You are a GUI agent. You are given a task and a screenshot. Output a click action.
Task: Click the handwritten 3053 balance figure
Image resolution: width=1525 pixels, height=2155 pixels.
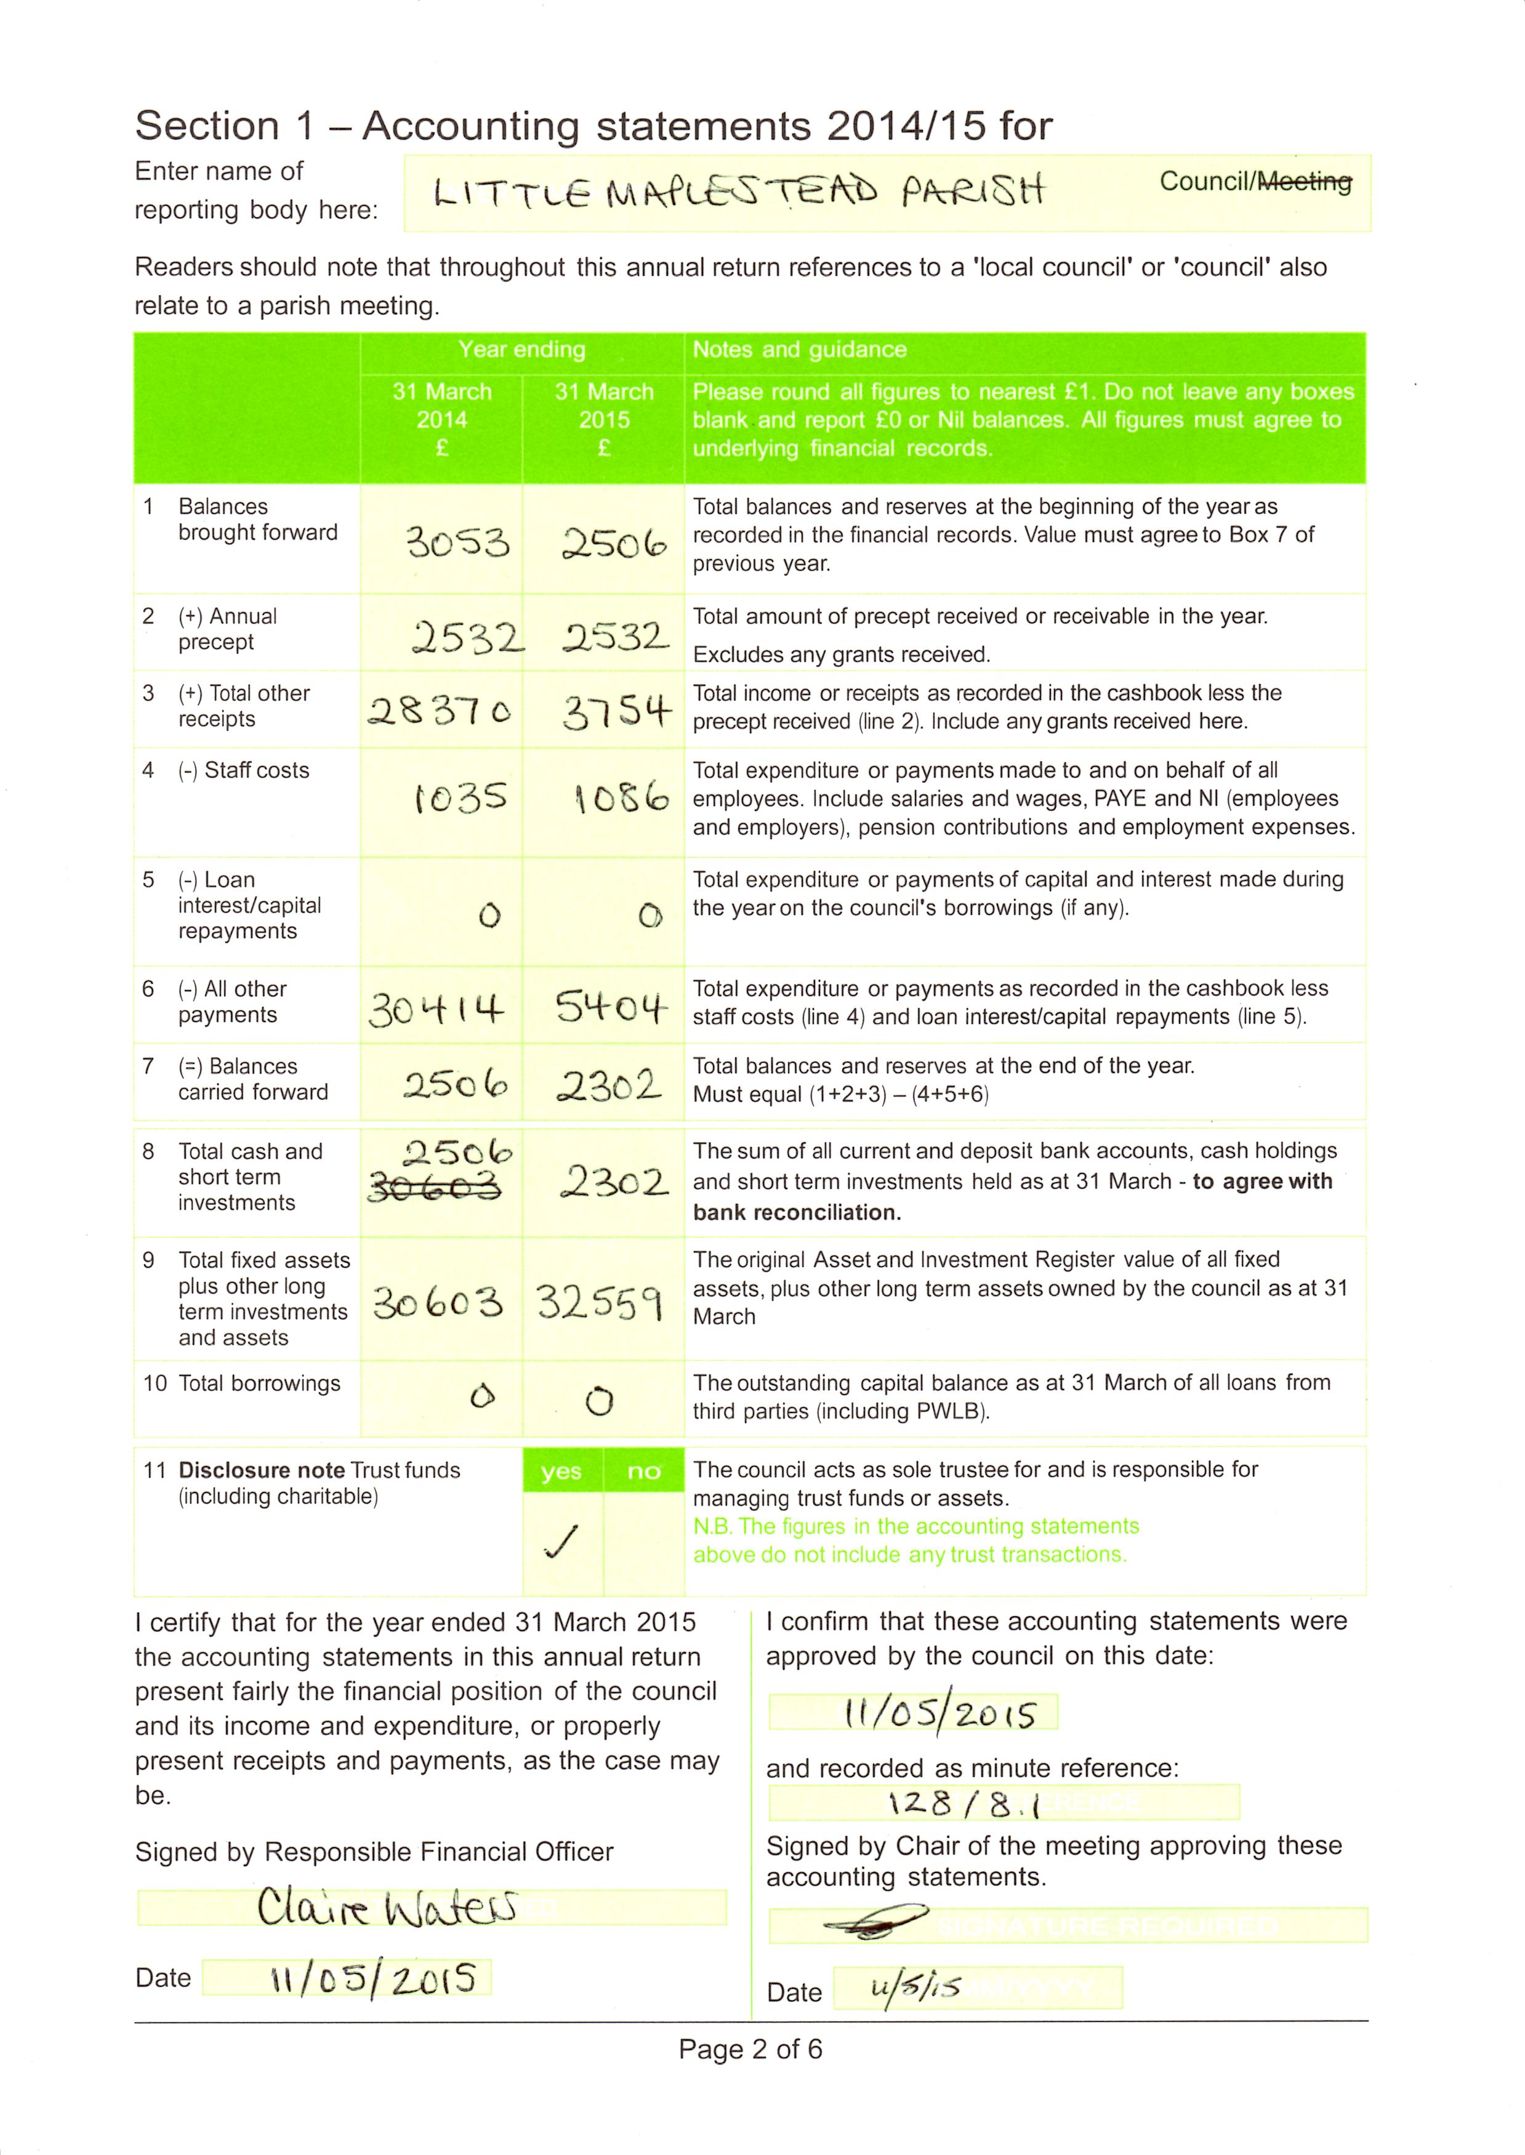[457, 542]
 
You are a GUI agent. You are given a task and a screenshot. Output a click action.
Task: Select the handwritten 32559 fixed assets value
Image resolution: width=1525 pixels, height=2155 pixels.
[601, 1302]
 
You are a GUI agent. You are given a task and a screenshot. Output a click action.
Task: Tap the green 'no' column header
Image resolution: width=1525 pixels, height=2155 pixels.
[643, 1472]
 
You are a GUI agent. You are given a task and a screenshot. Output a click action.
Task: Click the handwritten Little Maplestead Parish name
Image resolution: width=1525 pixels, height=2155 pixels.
[737, 193]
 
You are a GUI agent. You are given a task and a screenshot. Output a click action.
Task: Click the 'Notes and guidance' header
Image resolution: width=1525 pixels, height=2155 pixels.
[799, 349]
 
